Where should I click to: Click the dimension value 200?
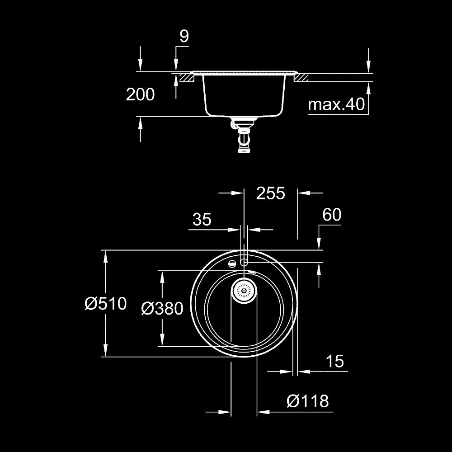(x=140, y=94)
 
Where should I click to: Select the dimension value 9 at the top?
(x=184, y=37)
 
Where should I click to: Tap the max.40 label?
(x=336, y=105)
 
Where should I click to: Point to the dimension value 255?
(x=271, y=193)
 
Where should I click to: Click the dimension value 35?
(x=202, y=220)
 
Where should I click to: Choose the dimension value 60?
(x=331, y=215)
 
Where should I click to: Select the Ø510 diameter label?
(x=105, y=303)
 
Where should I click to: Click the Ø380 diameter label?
(x=162, y=309)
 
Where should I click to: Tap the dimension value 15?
(x=334, y=361)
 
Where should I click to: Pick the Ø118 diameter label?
(x=307, y=401)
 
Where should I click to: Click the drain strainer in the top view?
(x=244, y=290)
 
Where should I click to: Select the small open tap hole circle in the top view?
(x=244, y=262)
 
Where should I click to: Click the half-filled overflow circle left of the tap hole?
(x=232, y=264)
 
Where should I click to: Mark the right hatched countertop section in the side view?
(x=301, y=78)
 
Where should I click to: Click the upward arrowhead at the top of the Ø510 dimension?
(x=106, y=257)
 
